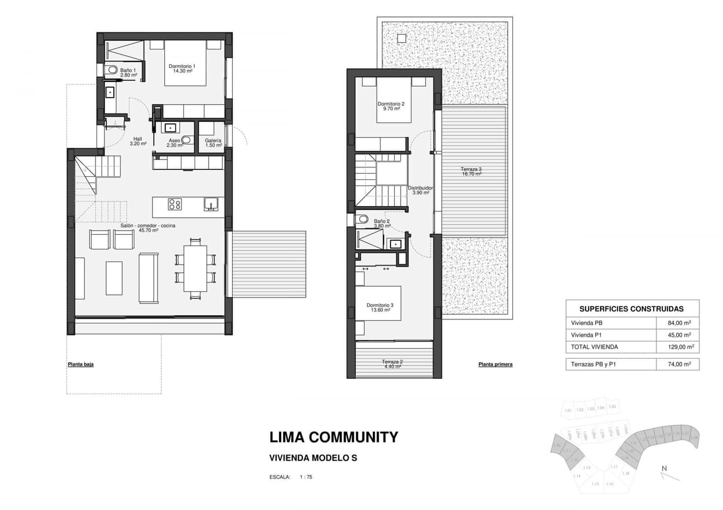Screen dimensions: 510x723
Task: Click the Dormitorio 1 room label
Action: [182, 69]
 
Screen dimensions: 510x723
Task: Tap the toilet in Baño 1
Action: [111, 70]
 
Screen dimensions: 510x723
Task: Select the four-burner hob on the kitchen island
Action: [174, 204]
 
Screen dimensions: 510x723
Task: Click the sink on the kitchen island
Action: [211, 204]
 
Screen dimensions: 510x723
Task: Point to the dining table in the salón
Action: [195, 269]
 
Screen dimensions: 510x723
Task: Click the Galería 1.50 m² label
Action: [213, 143]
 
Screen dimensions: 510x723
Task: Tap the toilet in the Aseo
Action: [186, 140]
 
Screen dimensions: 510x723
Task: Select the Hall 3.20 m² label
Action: [137, 141]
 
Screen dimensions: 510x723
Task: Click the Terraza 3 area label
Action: [471, 171]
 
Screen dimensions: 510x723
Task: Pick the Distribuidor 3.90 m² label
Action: [420, 190]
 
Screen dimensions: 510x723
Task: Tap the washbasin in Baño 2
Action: [395, 244]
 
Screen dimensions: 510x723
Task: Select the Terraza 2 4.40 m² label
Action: [392, 364]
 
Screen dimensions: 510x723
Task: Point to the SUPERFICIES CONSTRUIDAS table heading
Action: [631, 309]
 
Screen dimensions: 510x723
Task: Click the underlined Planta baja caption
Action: [80, 364]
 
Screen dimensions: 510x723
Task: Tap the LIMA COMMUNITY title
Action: [333, 437]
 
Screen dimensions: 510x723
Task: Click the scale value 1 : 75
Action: [306, 477]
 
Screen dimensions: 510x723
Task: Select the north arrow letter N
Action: [664, 468]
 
